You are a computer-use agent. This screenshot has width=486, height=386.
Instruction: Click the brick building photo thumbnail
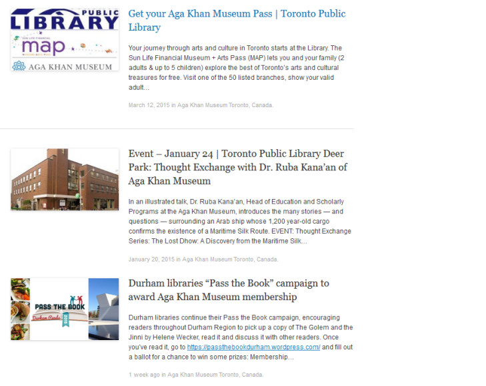point(65,180)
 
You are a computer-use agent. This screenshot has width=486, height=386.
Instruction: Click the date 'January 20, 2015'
point(151,259)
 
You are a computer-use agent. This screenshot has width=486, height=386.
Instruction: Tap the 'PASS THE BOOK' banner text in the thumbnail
point(59,307)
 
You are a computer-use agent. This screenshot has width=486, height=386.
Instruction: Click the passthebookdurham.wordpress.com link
point(253,347)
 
